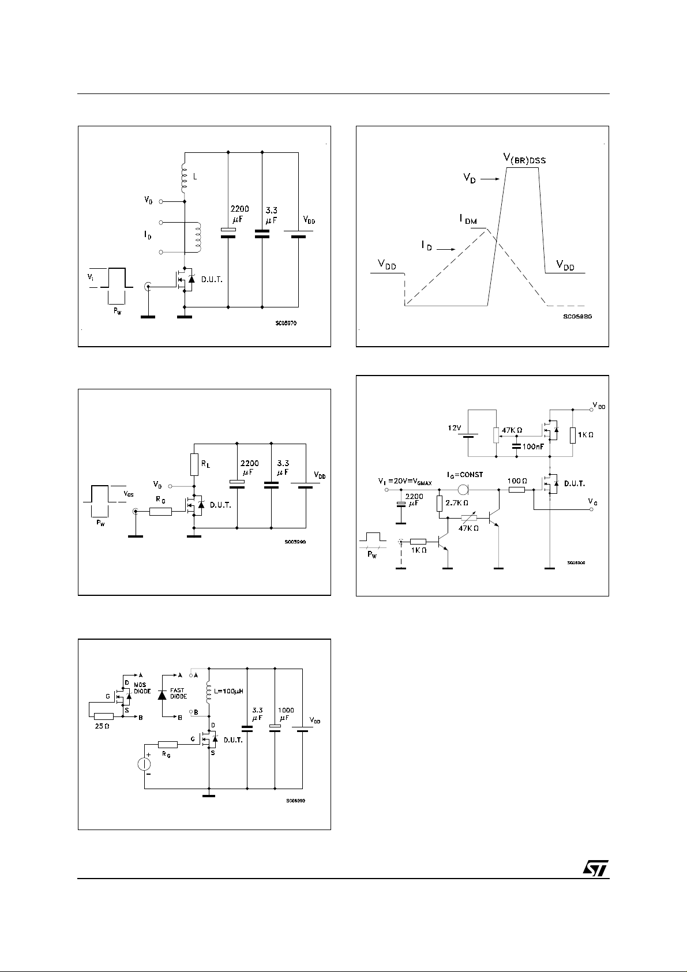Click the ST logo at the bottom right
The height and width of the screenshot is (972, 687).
click(594, 869)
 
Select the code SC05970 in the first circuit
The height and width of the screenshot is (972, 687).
click(286, 324)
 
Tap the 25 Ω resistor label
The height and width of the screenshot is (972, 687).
click(103, 726)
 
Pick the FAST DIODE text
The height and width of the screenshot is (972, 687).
click(178, 693)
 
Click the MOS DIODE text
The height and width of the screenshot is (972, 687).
click(143, 688)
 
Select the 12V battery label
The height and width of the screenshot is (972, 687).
click(455, 428)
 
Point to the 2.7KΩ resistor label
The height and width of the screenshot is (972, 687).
click(457, 502)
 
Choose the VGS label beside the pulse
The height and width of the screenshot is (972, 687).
click(129, 494)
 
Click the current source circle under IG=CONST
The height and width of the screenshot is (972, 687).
click(463, 490)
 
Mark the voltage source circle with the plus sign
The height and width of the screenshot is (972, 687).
click(144, 764)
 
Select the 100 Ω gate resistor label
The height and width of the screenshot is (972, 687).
click(517, 481)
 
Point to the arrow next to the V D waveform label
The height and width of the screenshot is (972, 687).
click(490, 179)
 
